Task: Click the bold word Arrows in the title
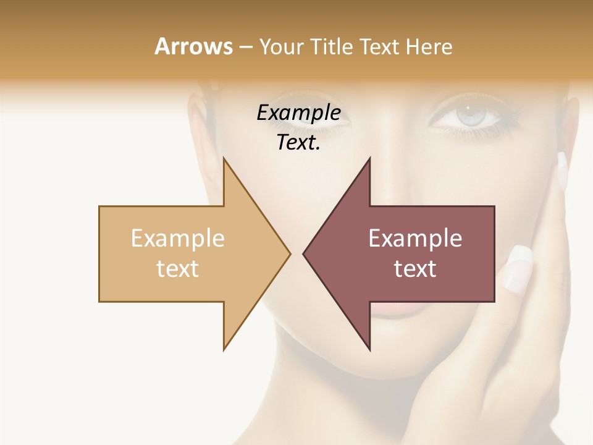[x=193, y=46]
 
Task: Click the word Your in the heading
[x=280, y=46]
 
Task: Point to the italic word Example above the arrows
[x=298, y=112]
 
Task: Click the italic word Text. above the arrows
[x=298, y=142]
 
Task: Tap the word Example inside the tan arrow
[x=178, y=238]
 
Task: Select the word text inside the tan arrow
[x=178, y=268]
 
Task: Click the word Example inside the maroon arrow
[x=415, y=238]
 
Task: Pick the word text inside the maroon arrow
[x=415, y=268]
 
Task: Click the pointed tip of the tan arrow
[x=289, y=253]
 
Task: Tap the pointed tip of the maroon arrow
[x=305, y=253]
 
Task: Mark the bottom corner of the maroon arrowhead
[x=369, y=349]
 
